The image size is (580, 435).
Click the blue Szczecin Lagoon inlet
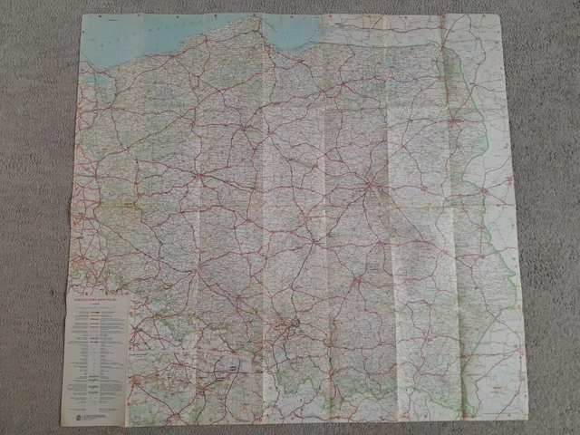101,80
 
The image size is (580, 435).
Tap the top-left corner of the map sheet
82,15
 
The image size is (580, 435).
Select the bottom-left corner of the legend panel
61,425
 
